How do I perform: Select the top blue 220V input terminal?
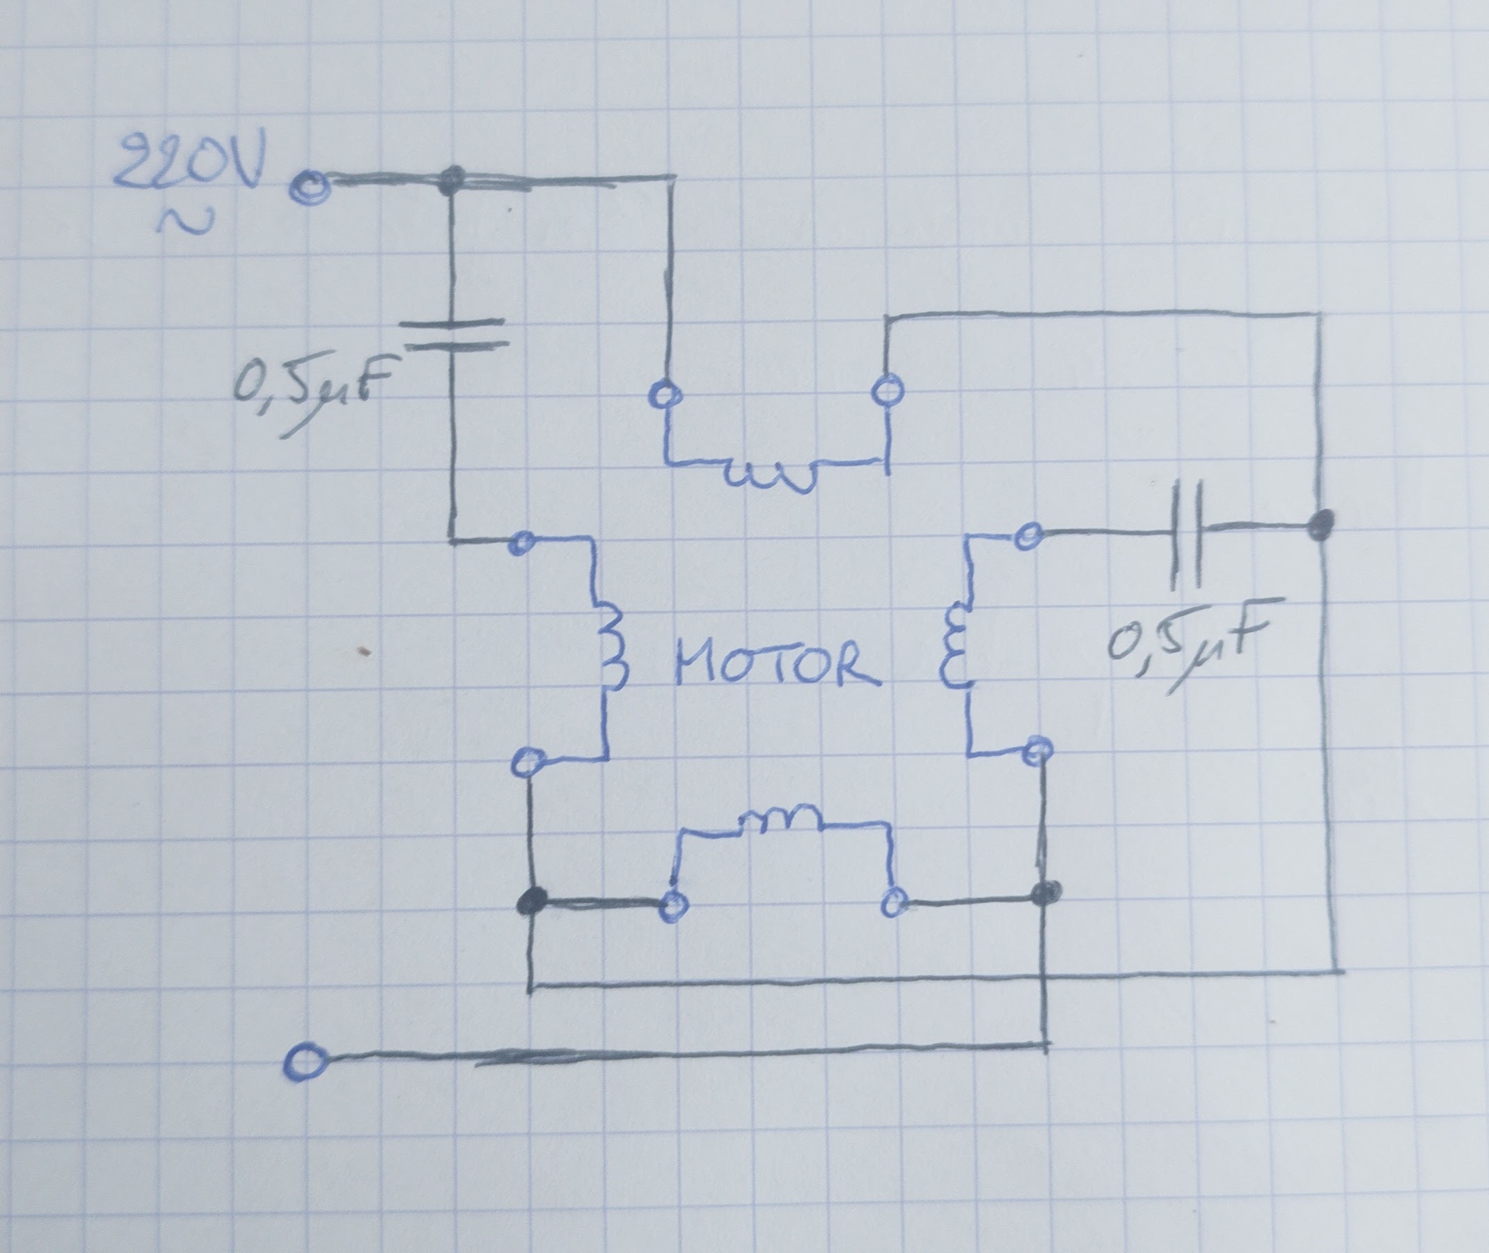pos(308,189)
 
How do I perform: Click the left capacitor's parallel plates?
pos(453,334)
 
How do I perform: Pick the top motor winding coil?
pos(774,478)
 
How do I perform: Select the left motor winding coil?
pos(611,647)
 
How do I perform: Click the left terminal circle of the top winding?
pos(663,394)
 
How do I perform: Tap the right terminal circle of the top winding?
pos(887,392)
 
